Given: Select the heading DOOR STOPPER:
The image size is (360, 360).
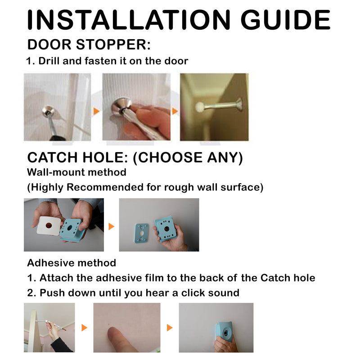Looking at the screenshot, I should (89, 45).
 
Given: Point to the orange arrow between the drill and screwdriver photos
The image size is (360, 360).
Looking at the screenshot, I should (96, 111).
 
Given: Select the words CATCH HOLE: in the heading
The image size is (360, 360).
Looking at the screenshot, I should (78, 157).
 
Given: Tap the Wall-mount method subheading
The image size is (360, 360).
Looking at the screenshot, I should (76, 172).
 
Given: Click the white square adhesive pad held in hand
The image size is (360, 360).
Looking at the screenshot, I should (48, 225).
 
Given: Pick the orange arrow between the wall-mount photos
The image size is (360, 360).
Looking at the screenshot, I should (112, 226).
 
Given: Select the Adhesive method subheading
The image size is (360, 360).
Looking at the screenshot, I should (72, 263).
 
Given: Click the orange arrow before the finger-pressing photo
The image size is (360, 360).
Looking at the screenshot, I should (84, 328).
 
